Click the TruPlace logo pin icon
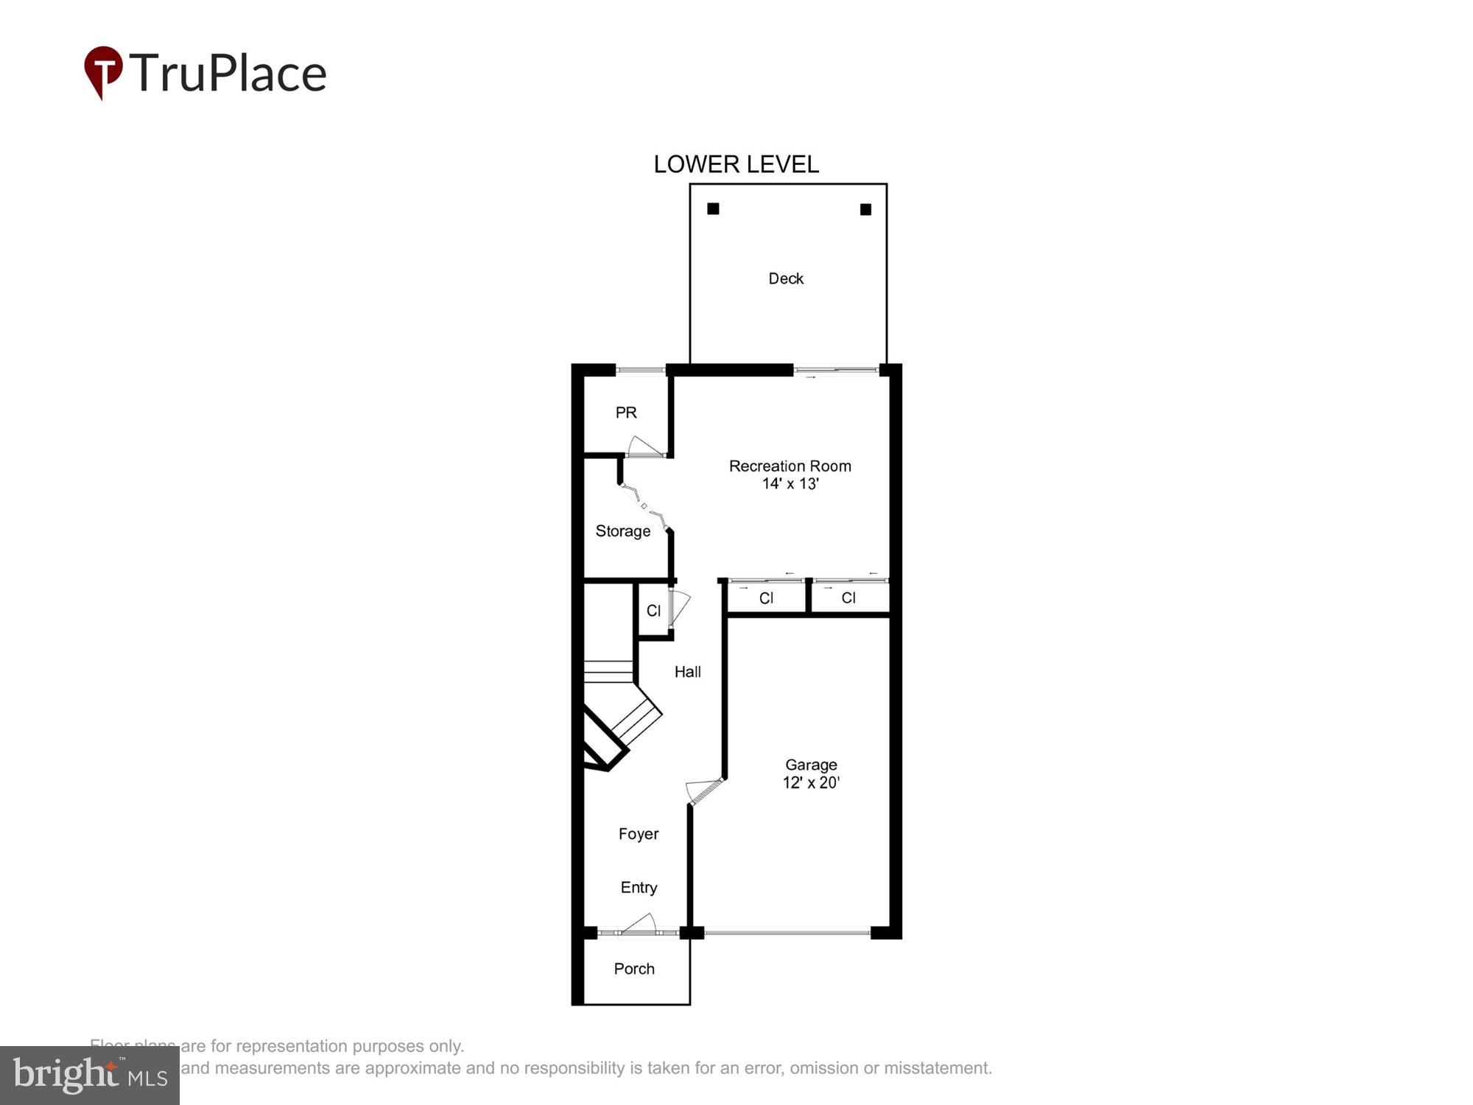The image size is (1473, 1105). (103, 71)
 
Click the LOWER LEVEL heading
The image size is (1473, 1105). (736, 164)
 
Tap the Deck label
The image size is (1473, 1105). (786, 278)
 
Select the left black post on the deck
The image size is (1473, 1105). (713, 209)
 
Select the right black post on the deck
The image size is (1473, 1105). (865, 210)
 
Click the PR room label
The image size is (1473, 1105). (626, 413)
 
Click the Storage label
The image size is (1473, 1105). (622, 531)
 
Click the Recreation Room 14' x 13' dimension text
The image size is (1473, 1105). (790, 483)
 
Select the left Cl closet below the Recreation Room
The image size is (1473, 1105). (766, 598)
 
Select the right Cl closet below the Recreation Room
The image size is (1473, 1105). (848, 598)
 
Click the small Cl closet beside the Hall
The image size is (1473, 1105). (653, 611)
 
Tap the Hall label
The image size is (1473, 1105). (688, 672)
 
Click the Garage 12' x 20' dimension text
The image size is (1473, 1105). (811, 782)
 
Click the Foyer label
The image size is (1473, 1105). (639, 834)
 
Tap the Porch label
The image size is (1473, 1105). (634, 969)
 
